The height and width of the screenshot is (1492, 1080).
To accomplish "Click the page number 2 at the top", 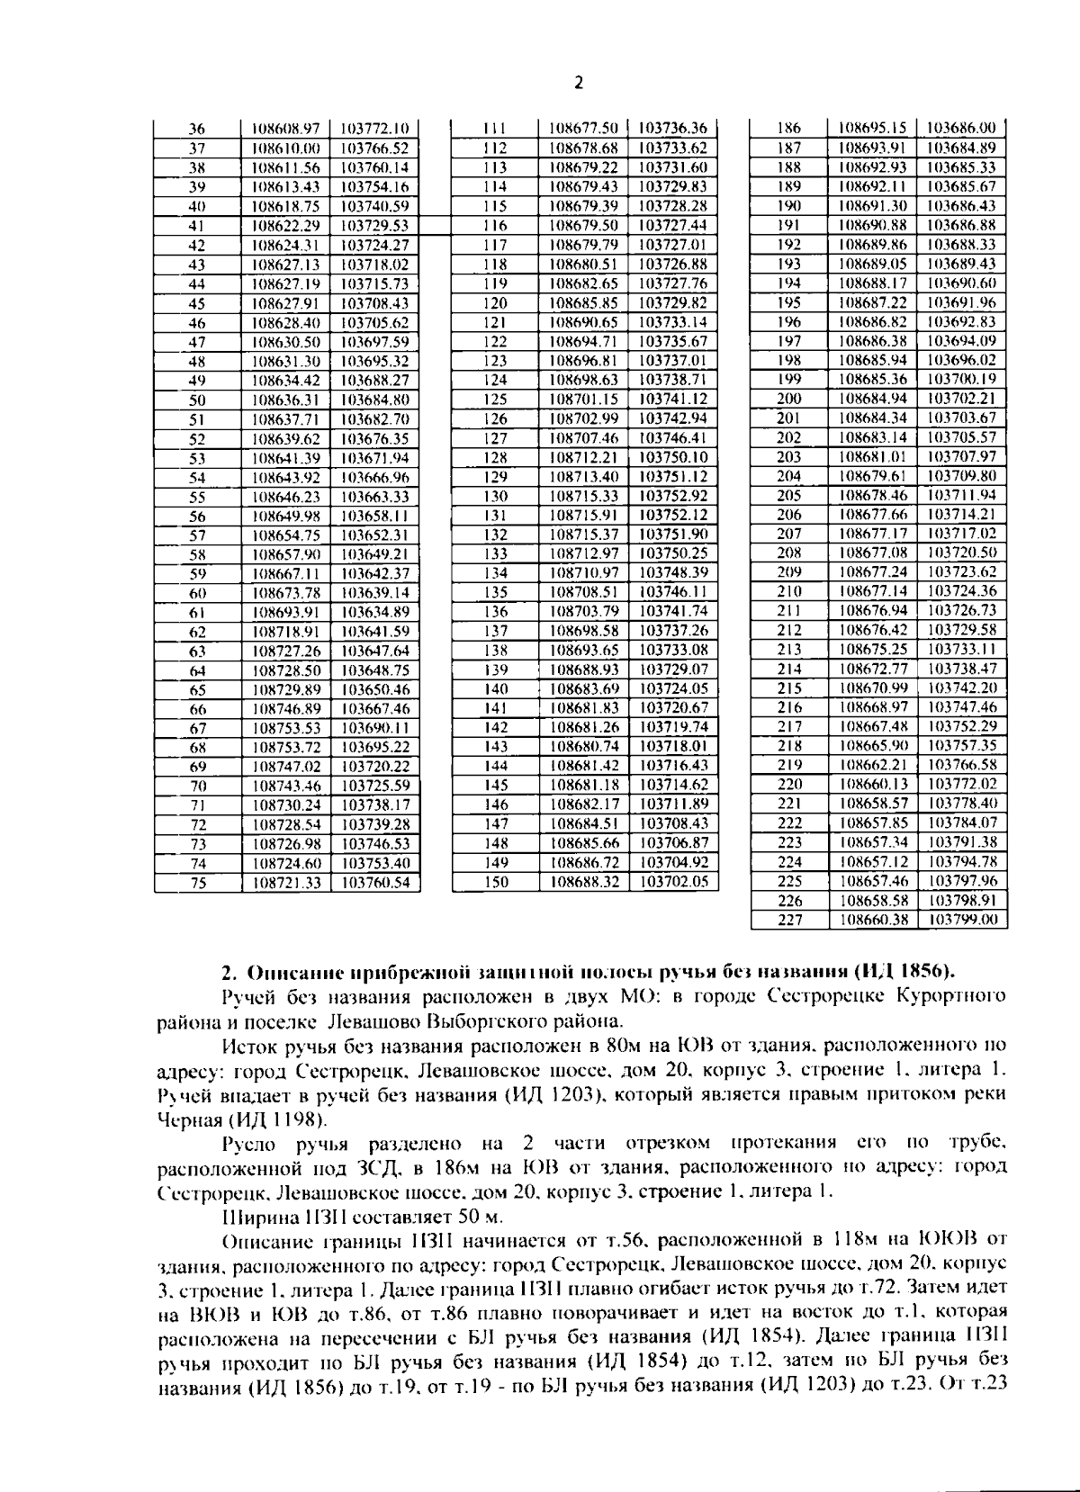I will click(579, 84).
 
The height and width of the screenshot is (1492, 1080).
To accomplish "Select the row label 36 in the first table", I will click(197, 129).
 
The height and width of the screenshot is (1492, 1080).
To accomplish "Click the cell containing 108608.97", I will click(286, 129).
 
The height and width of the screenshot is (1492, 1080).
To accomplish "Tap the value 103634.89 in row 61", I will click(375, 613).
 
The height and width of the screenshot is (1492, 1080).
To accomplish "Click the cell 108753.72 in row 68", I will click(286, 748).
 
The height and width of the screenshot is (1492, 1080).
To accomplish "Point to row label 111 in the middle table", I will click(495, 129).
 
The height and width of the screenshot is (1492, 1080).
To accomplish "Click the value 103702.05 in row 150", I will click(673, 883).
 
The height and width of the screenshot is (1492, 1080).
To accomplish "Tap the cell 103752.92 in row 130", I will click(673, 496).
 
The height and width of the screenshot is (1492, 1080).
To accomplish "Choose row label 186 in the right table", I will click(788, 129).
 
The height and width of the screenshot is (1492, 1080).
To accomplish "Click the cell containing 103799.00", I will click(962, 921).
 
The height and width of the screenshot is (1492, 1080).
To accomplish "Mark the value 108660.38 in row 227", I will click(873, 921).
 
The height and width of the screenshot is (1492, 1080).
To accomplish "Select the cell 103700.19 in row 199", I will click(962, 380).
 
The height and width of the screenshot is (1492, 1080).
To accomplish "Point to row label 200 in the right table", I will click(788, 399).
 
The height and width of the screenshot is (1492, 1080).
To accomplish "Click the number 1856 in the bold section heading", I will click(923, 972).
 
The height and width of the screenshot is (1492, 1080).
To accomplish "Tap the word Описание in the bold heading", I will click(286, 972).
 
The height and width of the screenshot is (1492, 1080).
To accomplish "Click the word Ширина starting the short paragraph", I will click(256, 1218).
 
